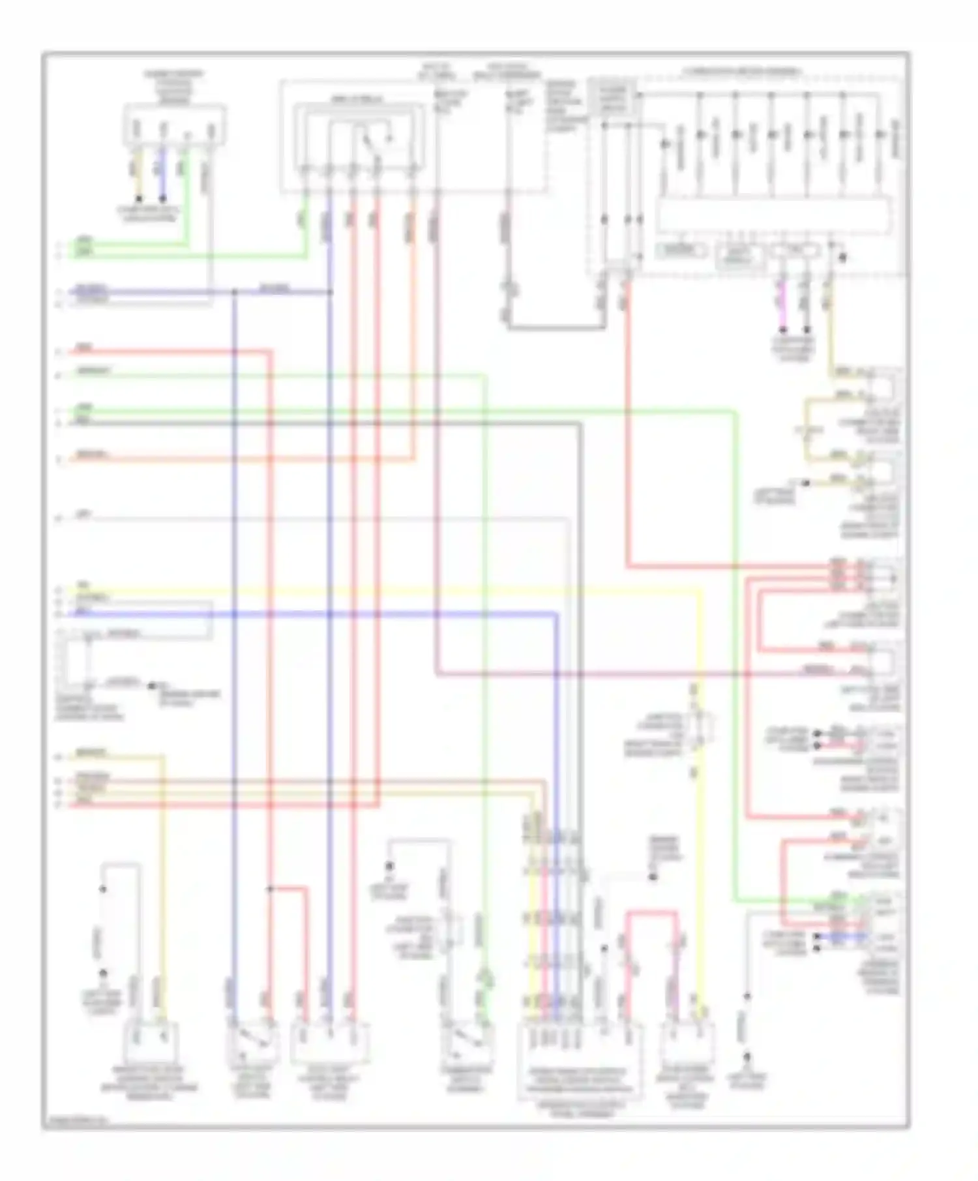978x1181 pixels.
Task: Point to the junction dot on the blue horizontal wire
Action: coord(234,292)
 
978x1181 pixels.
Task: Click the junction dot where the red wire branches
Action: coord(270,888)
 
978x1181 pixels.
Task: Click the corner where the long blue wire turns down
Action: coord(556,614)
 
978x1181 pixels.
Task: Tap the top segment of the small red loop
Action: coord(652,913)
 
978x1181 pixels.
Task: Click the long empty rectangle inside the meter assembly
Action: coord(773,216)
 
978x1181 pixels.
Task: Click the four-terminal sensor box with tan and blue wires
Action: coord(175,125)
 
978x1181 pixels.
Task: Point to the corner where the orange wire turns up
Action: coord(413,460)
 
